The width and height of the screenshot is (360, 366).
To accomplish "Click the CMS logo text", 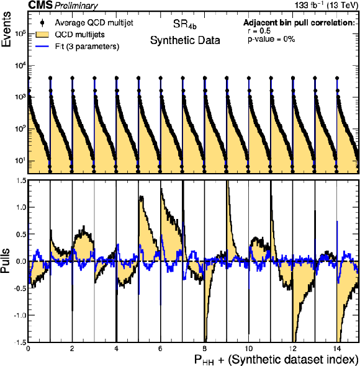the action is (x=40, y=5).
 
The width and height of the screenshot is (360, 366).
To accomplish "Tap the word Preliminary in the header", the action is (x=76, y=6).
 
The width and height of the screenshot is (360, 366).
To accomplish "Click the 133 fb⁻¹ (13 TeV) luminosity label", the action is (x=326, y=5).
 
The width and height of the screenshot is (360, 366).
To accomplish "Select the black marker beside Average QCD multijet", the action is (x=42, y=22).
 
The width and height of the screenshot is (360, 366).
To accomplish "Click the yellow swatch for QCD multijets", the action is (x=42, y=35).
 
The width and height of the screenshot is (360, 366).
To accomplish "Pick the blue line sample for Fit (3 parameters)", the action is (x=42, y=47).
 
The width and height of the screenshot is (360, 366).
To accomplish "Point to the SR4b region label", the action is (x=185, y=25).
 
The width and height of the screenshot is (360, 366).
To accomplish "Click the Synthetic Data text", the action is (x=185, y=40).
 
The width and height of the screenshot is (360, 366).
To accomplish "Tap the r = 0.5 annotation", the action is (x=259, y=31).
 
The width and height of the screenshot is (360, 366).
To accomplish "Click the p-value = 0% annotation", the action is (x=271, y=39).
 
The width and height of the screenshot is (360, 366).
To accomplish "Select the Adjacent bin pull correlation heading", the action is (x=299, y=22).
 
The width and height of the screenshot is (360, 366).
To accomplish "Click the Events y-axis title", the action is (x=6, y=29).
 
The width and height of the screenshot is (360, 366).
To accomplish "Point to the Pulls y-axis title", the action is (x=6, y=261).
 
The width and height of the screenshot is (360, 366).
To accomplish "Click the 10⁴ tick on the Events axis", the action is (x=20, y=66).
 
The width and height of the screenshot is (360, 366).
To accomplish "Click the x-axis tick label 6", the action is (x=160, y=349).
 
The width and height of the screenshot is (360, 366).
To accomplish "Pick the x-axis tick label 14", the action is (x=336, y=349).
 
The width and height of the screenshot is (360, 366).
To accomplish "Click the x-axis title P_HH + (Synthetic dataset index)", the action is (x=276, y=359).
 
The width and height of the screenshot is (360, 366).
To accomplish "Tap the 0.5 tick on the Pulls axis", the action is (x=20, y=234).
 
